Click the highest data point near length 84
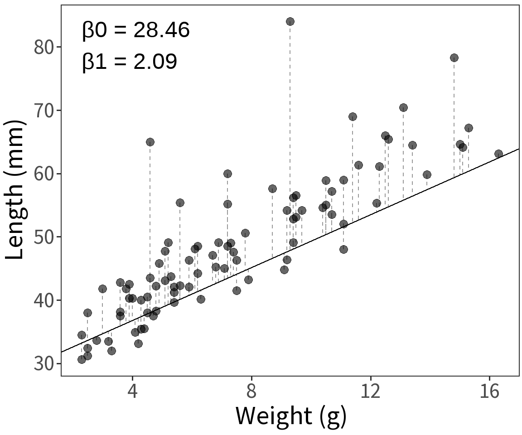tap(290, 21)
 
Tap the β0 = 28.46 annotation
tap(136, 30)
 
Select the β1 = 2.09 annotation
tap(130, 61)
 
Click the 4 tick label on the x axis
tap(132, 391)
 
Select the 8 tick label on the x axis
tap(251, 391)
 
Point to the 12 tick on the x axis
tap(371, 391)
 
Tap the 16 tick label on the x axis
tap(490, 391)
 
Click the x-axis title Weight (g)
tap(290, 416)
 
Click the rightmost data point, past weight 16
tap(498, 154)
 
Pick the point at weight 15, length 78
tap(454, 58)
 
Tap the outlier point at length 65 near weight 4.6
tap(150, 142)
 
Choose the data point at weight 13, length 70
tap(403, 107)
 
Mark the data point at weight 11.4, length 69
tap(353, 116)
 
